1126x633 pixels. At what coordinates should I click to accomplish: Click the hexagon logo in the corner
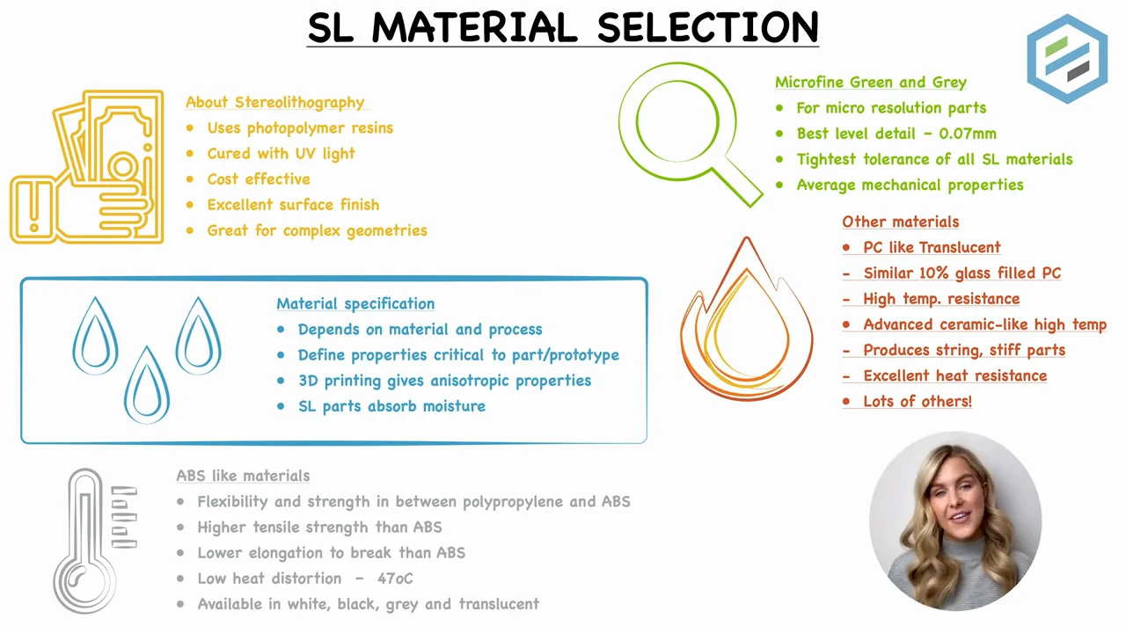[x=1067, y=58]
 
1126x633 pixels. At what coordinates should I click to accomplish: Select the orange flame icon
[x=746, y=321]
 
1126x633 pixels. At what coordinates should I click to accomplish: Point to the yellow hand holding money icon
[x=88, y=167]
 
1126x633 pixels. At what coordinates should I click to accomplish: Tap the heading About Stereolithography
[x=274, y=102]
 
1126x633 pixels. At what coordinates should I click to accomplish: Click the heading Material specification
[x=355, y=303]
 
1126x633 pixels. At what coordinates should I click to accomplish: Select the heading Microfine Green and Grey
[x=870, y=82]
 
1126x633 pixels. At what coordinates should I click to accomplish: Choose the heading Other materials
[x=900, y=222]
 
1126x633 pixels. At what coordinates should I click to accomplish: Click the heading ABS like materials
[x=243, y=476]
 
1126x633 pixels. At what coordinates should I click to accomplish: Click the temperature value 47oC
[x=395, y=578]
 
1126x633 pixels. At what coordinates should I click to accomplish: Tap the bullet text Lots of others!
[x=918, y=401]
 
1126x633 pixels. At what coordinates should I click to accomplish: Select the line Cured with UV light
[x=281, y=153]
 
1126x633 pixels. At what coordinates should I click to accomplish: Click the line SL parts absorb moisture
[x=391, y=406]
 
